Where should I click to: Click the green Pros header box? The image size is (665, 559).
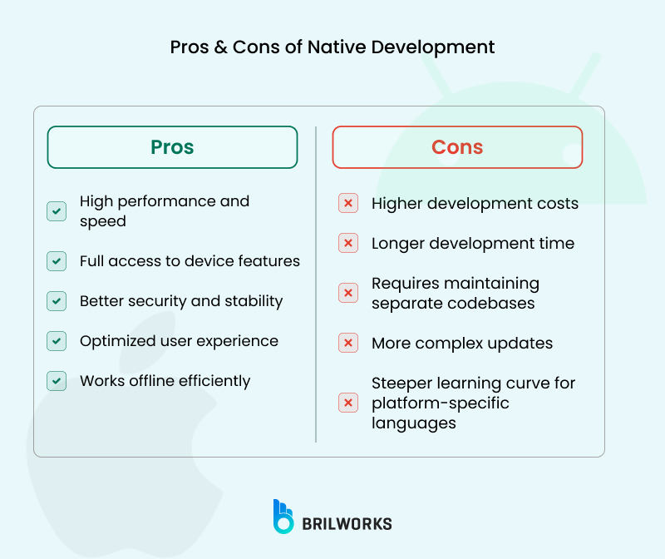(x=172, y=147)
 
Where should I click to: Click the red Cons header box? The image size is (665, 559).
(x=457, y=147)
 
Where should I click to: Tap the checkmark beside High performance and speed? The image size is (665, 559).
(x=57, y=211)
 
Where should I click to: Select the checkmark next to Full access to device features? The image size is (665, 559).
(x=57, y=261)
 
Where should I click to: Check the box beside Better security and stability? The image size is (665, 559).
(x=57, y=301)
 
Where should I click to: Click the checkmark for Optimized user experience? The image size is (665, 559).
(x=57, y=341)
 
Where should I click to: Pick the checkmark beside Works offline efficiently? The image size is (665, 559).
(x=57, y=381)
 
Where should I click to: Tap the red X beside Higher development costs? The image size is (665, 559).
(x=348, y=204)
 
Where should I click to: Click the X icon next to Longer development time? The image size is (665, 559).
(x=348, y=244)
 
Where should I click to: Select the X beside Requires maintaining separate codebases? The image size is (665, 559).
(x=348, y=293)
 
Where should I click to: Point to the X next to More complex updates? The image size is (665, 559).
(x=348, y=343)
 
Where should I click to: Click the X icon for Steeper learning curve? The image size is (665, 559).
(x=348, y=403)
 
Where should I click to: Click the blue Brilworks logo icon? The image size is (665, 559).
(x=283, y=516)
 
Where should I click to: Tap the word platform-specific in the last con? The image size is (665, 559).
(x=440, y=403)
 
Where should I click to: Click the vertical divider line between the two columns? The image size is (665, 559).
(x=316, y=283)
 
